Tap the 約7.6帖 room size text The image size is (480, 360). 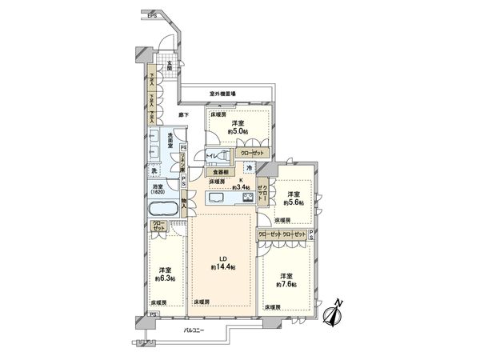[x=287, y=283]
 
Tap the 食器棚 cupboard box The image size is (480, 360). [x=221, y=171]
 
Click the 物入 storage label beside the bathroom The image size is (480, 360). [x=184, y=205]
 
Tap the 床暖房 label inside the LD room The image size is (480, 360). [x=202, y=301]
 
